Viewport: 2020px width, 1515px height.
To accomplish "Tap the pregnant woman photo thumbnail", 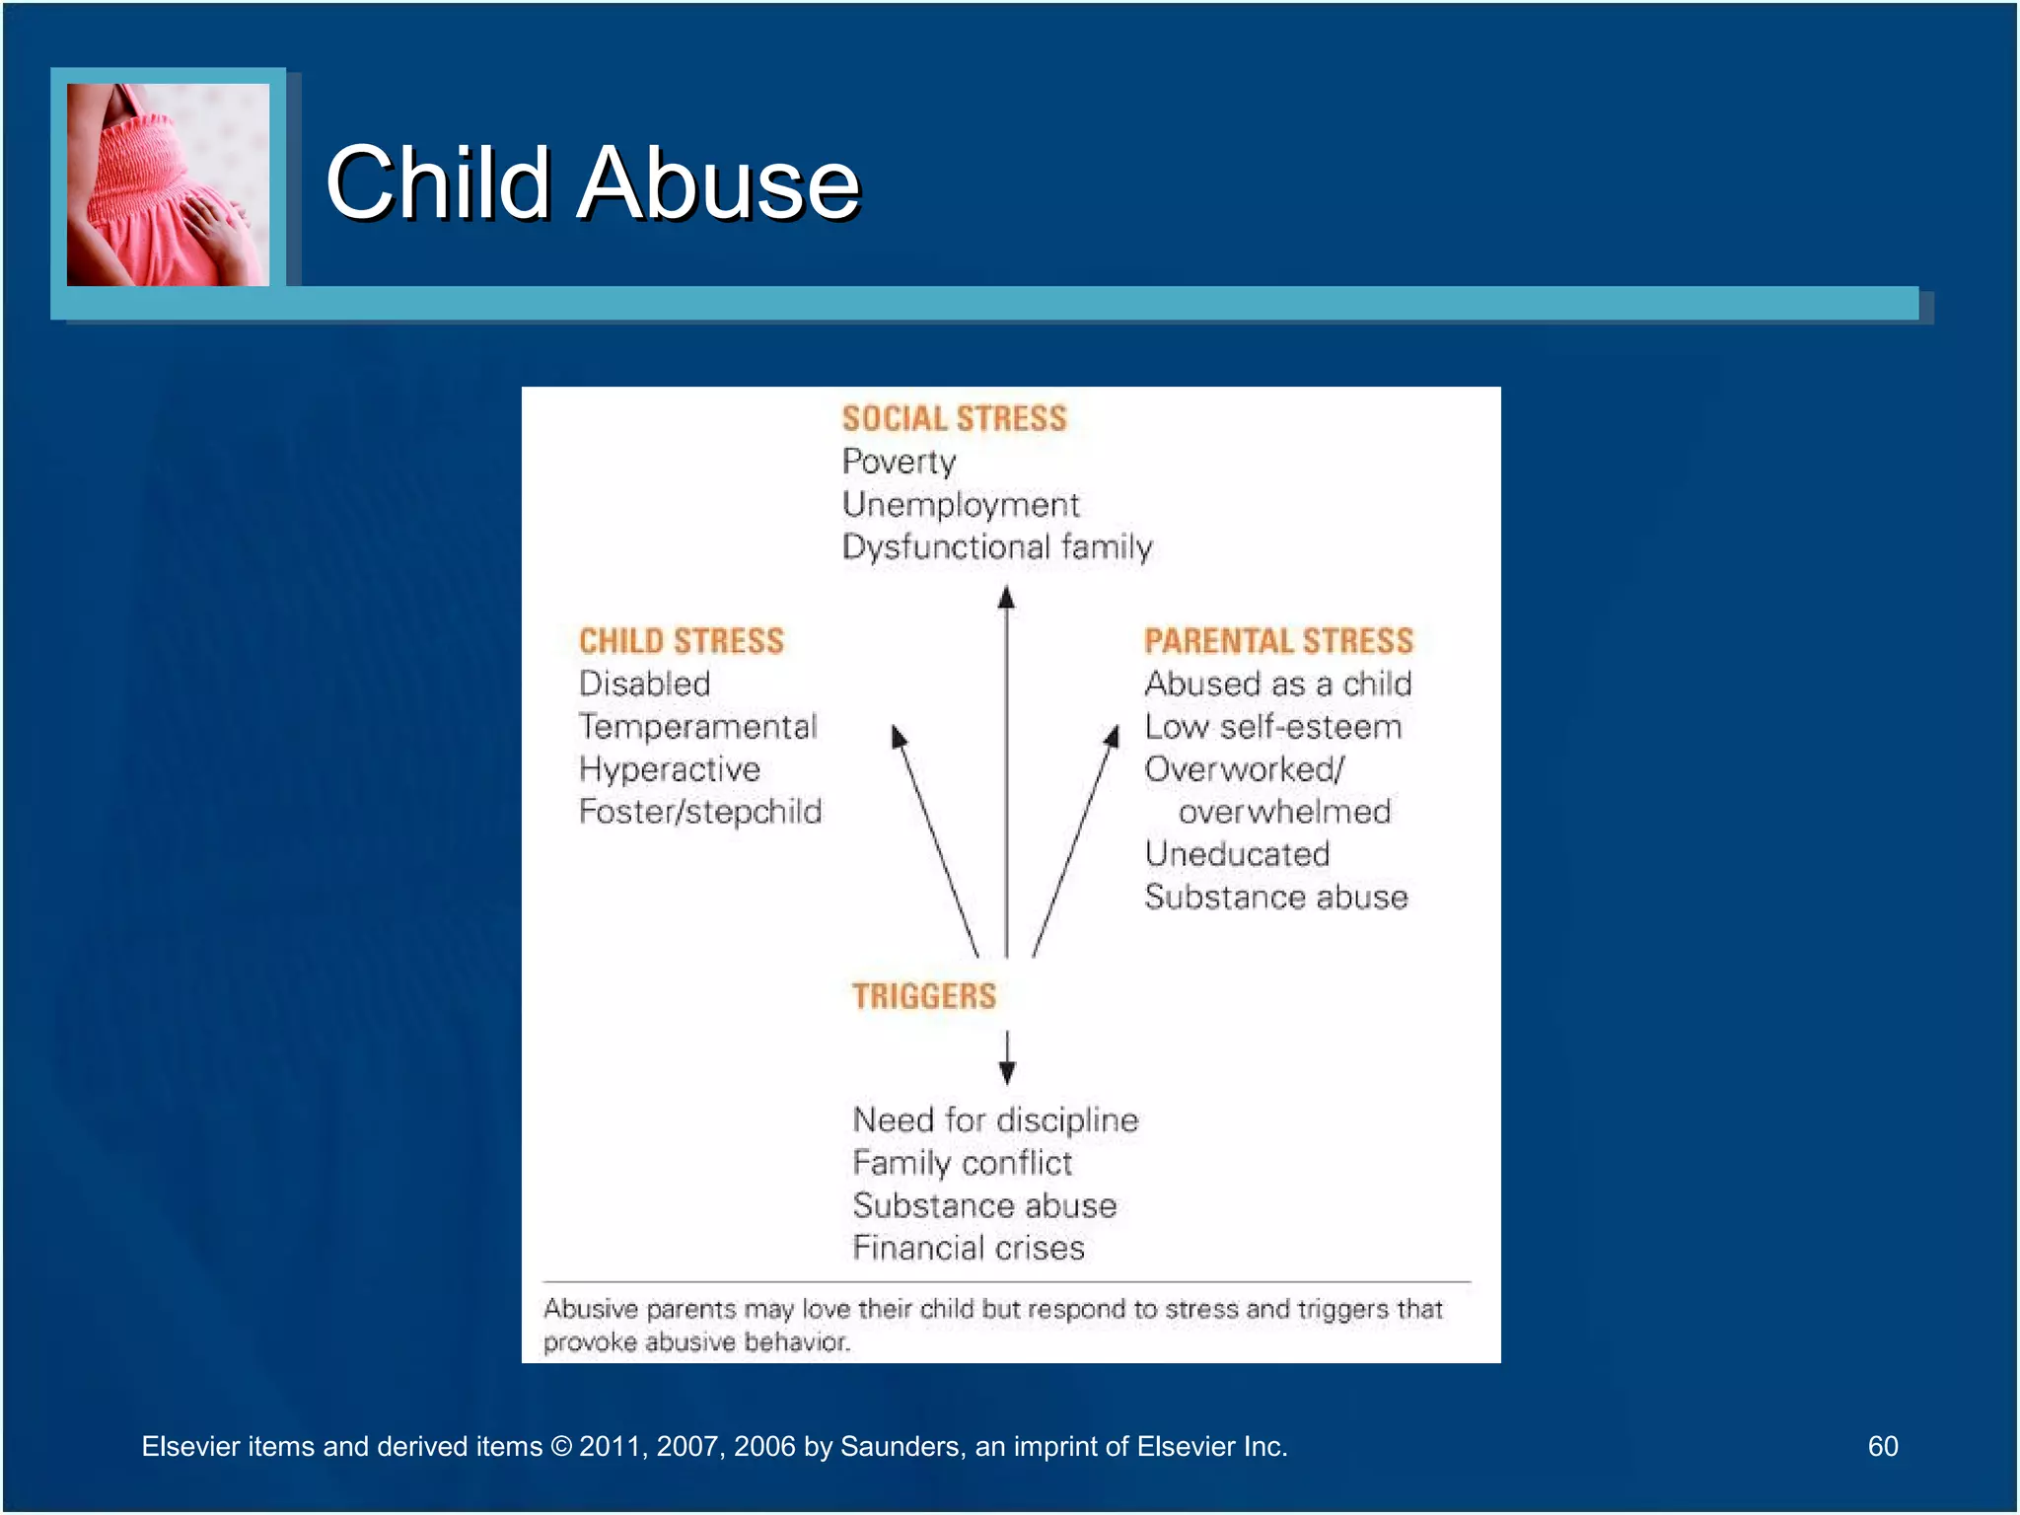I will click(168, 184).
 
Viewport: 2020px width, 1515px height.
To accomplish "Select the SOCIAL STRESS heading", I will click(954, 418).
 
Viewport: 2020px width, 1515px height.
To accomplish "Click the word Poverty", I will click(899, 462).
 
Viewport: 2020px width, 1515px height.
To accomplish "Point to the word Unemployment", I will click(961, 504).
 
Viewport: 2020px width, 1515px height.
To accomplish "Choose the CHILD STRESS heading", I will click(681, 641).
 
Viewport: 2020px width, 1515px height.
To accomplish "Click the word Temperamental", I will click(697, 727).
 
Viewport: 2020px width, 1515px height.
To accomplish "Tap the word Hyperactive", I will click(669, 769).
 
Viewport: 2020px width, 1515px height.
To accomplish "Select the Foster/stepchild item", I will click(699, 812).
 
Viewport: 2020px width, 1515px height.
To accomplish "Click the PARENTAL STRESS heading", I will click(1278, 641).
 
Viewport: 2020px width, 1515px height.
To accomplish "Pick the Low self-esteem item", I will click(1272, 727).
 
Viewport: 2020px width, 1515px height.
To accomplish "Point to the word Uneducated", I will click(1237, 854).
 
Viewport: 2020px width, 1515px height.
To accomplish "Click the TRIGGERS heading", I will click(924, 996).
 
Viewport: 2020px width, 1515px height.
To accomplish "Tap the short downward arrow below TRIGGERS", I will click(1007, 1058).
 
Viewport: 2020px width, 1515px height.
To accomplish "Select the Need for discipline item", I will click(995, 1120).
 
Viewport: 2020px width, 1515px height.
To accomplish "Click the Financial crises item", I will click(969, 1248).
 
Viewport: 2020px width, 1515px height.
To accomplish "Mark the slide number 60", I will click(1882, 1446).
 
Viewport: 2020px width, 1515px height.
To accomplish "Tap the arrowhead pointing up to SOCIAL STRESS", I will click(1006, 597).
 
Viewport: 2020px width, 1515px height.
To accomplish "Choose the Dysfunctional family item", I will click(996, 546).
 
